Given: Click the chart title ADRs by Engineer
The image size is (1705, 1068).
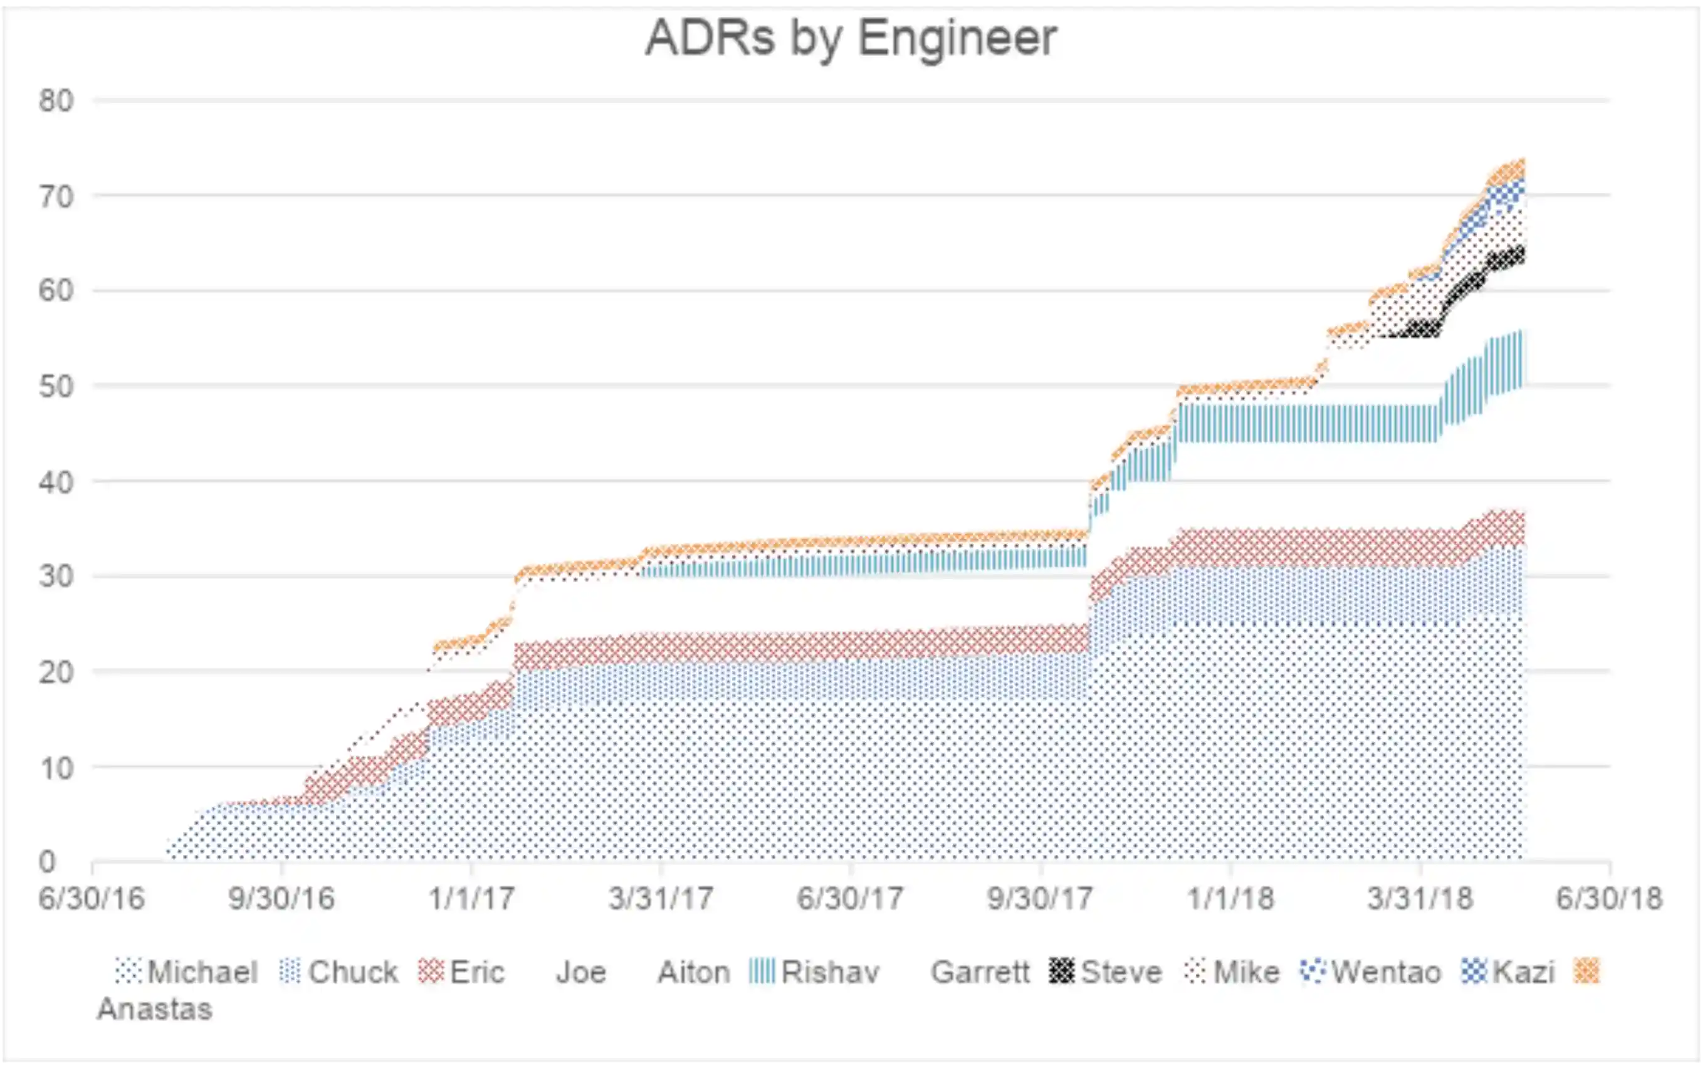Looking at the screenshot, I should point(851,38).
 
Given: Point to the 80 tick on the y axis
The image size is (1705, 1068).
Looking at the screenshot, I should point(56,101).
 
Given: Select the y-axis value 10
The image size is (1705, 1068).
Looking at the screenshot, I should point(56,768).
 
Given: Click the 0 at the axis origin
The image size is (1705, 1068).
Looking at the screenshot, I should point(46,862).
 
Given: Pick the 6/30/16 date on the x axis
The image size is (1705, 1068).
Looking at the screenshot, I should point(92,899).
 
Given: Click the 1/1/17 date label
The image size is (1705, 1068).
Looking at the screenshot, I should point(471,899).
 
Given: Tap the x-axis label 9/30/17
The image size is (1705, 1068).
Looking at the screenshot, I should point(1040,899).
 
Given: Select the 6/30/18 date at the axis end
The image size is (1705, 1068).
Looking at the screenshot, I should point(1609,899).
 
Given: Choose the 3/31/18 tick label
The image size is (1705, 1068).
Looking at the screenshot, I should point(1420,899).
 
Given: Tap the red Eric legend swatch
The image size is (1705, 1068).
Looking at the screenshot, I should point(430,971).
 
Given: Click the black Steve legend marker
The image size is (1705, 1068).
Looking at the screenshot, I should point(1061,971).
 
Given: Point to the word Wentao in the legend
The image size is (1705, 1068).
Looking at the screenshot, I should point(1386,972).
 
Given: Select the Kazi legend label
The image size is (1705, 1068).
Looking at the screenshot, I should point(1523,972).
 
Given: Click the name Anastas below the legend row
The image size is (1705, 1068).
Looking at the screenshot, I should point(155,1008).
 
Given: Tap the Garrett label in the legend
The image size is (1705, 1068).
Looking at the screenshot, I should point(980,972).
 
